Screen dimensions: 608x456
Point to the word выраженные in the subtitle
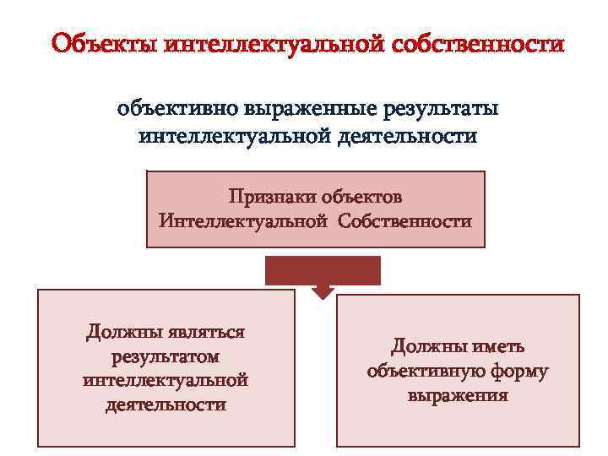(310, 109)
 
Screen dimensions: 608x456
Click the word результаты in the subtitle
(442, 109)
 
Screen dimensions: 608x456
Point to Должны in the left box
(124, 332)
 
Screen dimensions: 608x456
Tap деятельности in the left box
(166, 404)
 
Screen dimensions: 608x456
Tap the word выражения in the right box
(458, 395)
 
